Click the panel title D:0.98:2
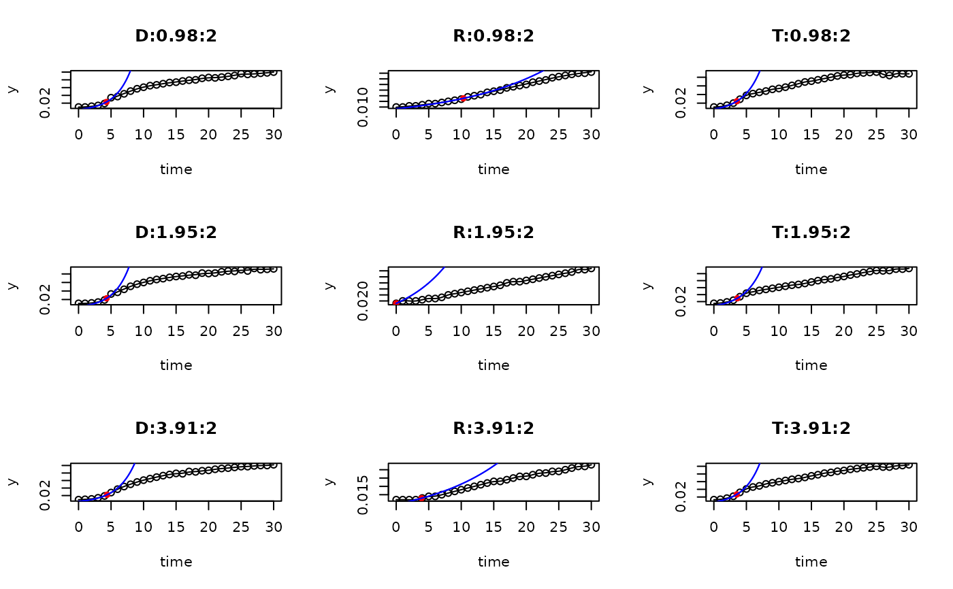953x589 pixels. click(176, 36)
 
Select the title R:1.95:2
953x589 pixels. click(494, 233)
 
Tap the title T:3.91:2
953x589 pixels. click(811, 428)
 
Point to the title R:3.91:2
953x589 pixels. click(494, 428)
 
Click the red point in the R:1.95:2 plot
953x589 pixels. click(396, 303)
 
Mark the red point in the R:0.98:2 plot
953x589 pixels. click(462, 99)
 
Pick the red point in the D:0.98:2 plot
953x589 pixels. click(105, 102)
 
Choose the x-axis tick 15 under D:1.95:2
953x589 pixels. click(176, 331)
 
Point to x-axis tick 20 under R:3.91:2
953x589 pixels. click(526, 527)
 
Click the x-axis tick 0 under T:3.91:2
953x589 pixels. click(713, 527)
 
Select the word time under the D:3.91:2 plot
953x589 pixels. click(176, 562)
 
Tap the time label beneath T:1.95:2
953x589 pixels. click(811, 365)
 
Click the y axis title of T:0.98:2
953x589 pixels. click(647, 89)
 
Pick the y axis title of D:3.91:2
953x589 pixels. click(12, 482)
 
